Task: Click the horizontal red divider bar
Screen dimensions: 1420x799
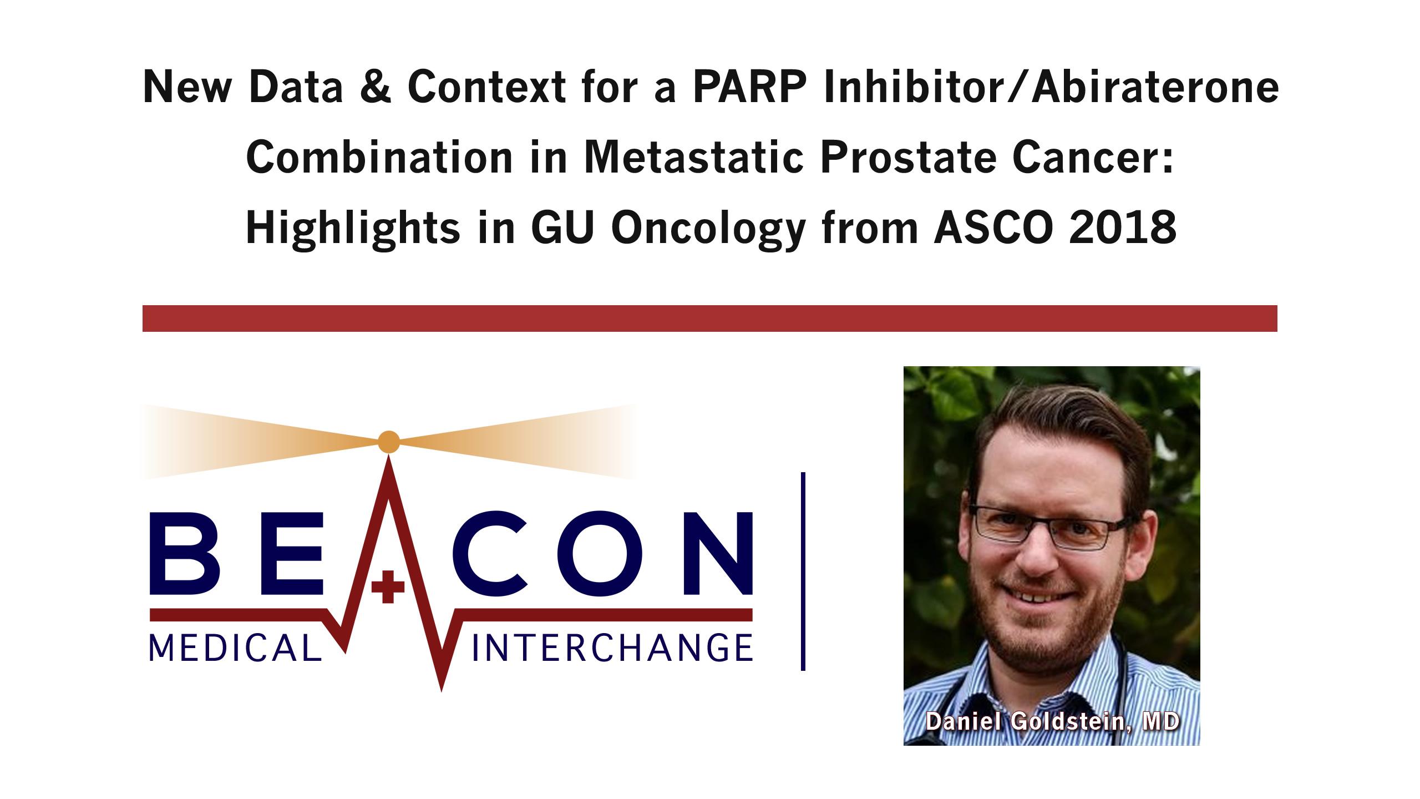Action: pos(710,318)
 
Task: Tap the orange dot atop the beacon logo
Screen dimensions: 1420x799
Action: pos(388,442)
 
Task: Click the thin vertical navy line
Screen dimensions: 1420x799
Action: pos(803,572)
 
